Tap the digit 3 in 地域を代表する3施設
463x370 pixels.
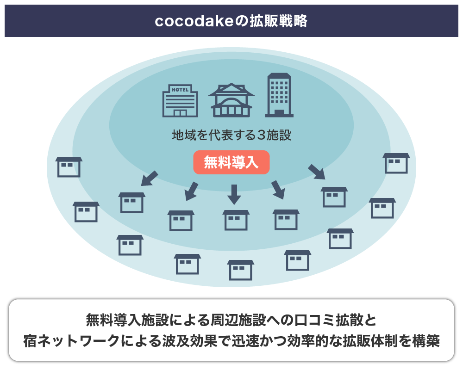[x=262, y=136]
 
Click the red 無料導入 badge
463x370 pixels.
[x=231, y=162]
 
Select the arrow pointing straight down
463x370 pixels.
[x=234, y=194]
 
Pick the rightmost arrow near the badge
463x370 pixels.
[x=317, y=171]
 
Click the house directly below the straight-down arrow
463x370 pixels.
[x=236, y=220]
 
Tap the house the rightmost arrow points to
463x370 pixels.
[x=334, y=197]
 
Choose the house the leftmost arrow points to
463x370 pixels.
[x=132, y=202]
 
